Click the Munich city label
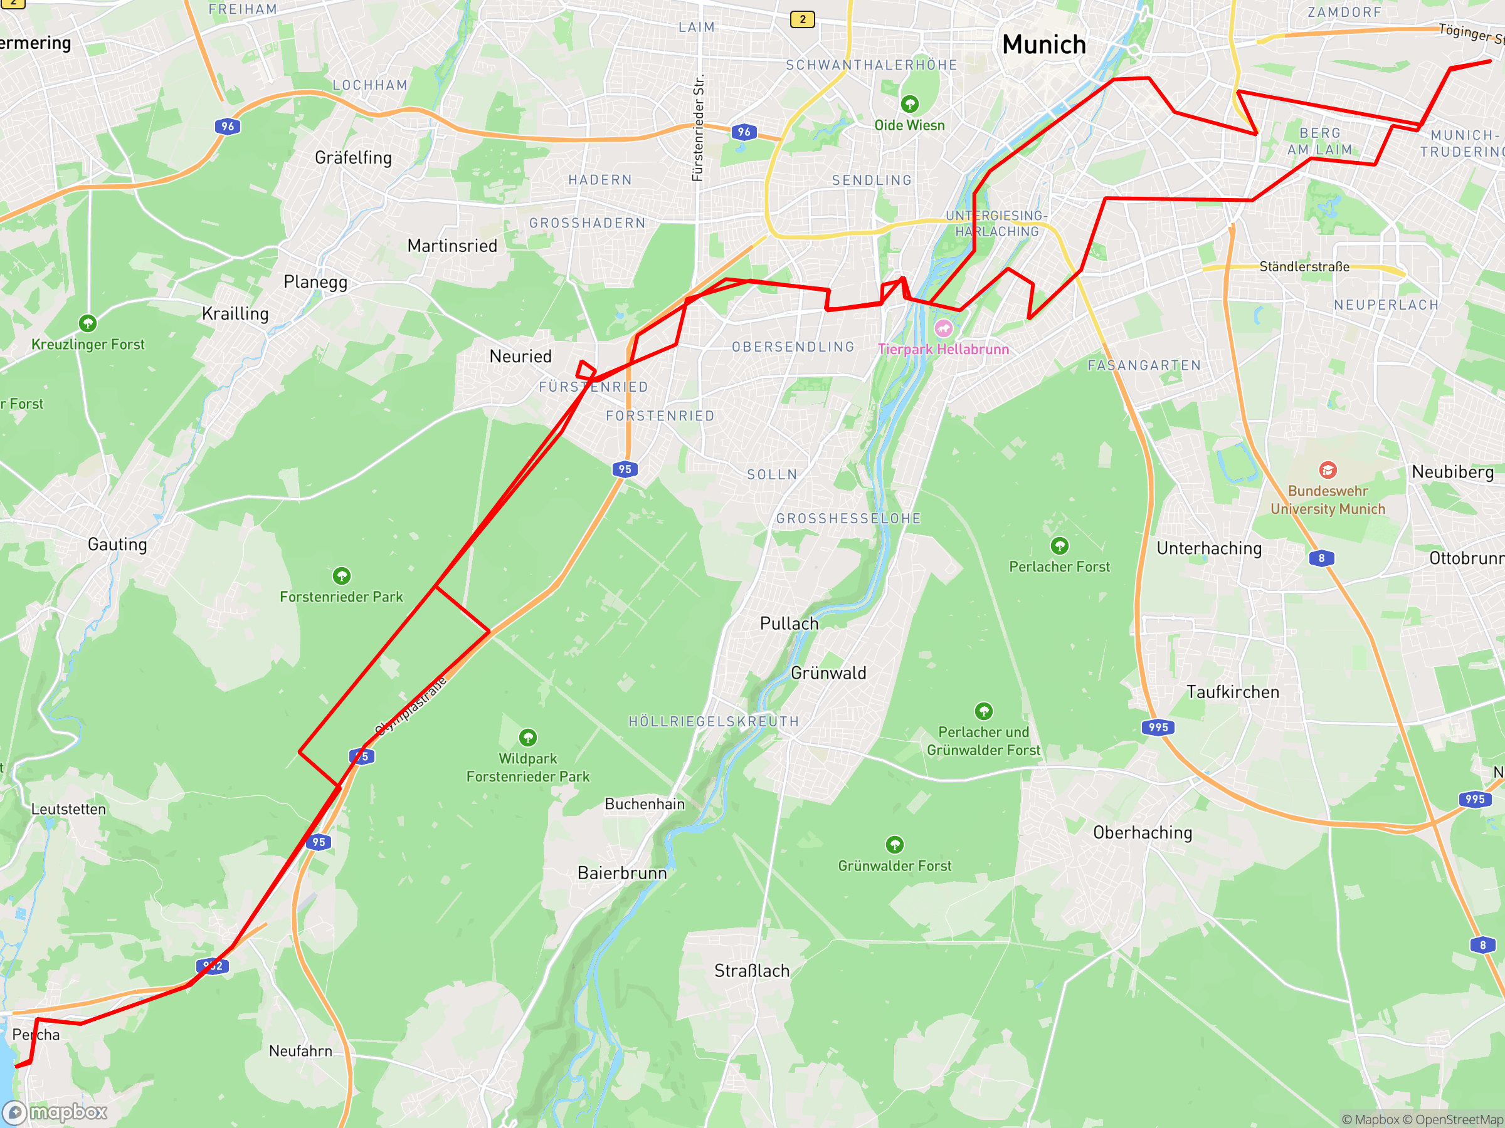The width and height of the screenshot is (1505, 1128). (1043, 45)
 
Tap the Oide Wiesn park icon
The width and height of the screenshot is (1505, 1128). (910, 104)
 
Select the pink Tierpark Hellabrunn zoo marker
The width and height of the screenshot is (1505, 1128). (943, 329)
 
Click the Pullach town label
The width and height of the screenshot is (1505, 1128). (789, 624)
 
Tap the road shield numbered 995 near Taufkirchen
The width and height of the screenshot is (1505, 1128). (1158, 728)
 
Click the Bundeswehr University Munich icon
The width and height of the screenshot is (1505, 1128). (1328, 470)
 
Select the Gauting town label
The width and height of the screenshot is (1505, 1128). (117, 545)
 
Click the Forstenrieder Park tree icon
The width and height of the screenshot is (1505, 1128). (342, 576)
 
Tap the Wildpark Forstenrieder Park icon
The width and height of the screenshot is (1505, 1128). (528, 738)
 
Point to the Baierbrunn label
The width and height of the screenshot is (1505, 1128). (622, 873)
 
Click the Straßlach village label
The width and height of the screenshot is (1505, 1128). (752, 971)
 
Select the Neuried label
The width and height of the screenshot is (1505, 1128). (520, 357)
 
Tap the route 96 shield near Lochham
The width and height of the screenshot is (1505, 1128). (227, 127)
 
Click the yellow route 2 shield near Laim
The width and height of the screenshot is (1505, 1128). (802, 19)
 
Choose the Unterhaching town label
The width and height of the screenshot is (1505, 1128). (1209, 549)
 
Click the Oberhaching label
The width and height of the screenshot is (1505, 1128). (1143, 833)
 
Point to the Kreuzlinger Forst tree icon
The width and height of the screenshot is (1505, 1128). (88, 323)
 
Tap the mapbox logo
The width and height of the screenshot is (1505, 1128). (55, 1112)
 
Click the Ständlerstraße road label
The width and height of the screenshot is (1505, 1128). (1304, 266)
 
